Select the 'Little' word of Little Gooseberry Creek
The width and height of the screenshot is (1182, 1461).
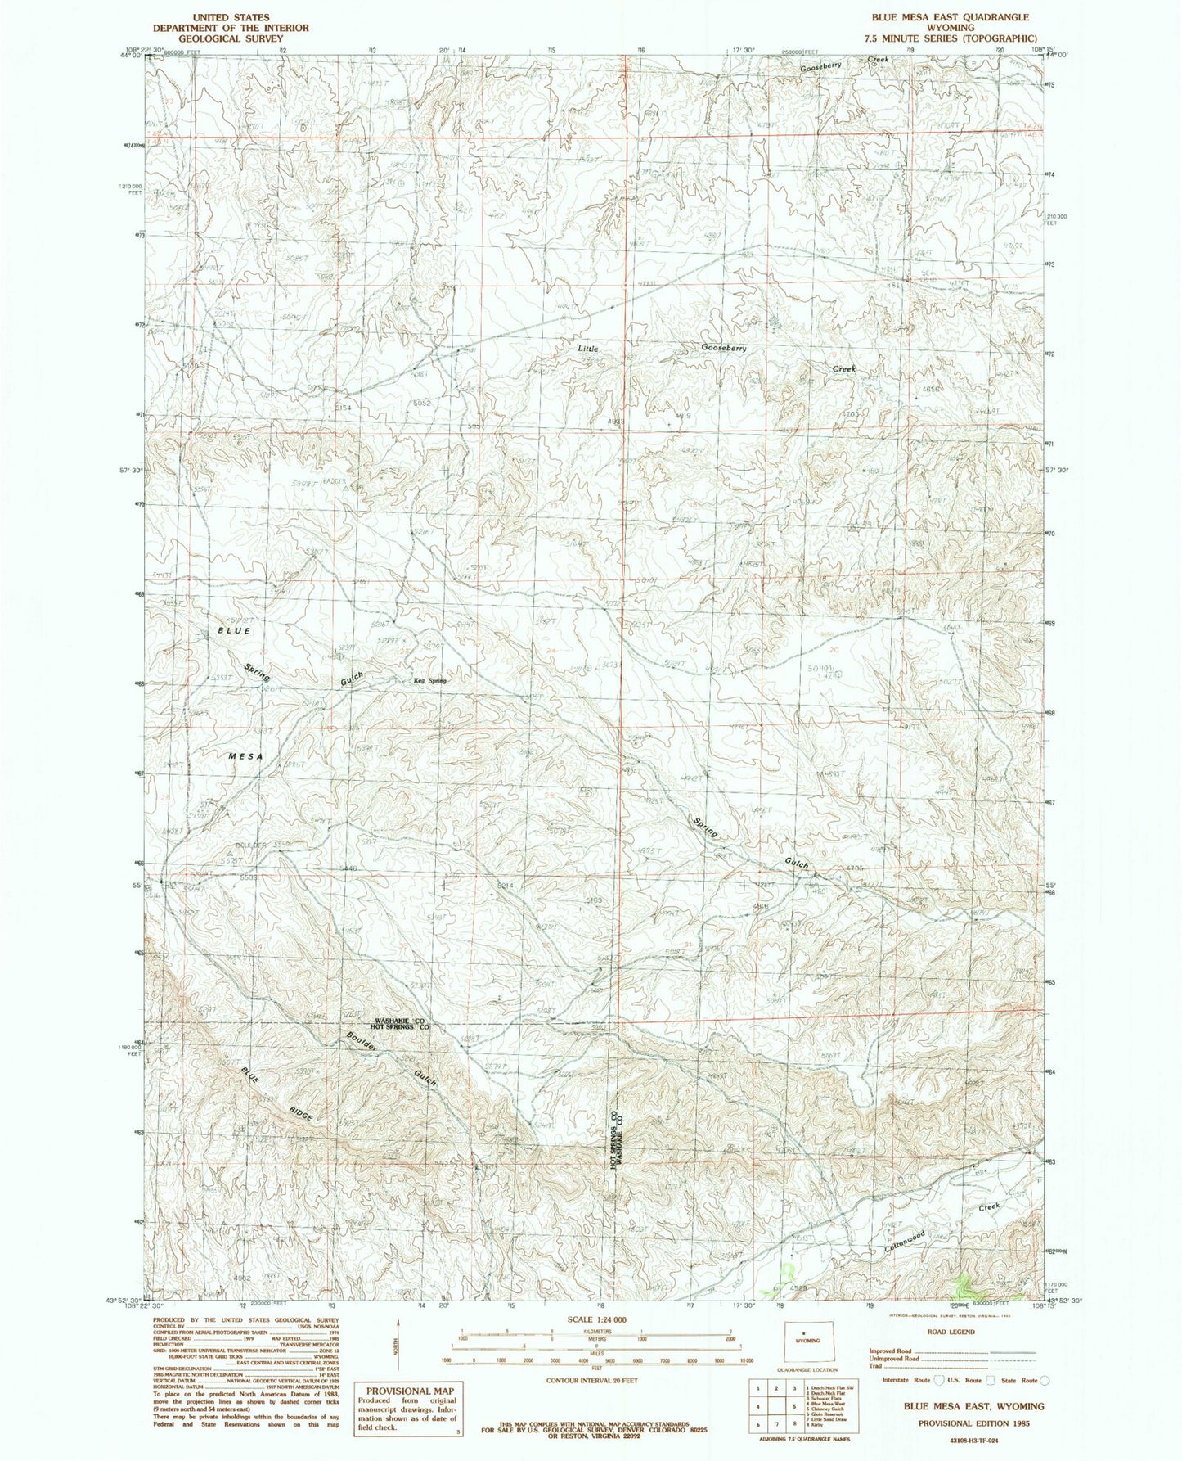pyautogui.click(x=587, y=348)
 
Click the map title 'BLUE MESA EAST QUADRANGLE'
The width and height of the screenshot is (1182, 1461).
pyautogui.click(x=938, y=16)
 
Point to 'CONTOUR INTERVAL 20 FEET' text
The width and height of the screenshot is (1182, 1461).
pyautogui.click(x=595, y=1380)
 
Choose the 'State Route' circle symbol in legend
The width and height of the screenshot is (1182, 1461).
pyautogui.click(x=1045, y=1380)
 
